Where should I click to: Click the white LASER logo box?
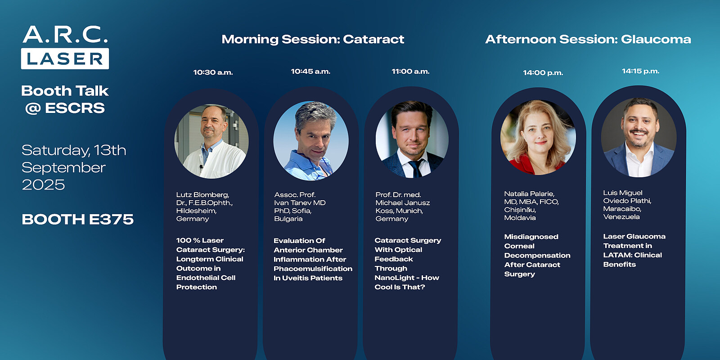coord(65,58)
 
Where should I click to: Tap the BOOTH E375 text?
coord(77,220)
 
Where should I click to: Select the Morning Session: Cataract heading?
coord(313,39)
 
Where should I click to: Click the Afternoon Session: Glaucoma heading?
coord(588,39)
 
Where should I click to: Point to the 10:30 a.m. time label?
coord(213,72)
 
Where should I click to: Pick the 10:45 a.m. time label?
coord(310,72)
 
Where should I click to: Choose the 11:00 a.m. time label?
coord(410,72)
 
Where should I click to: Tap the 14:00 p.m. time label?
coord(543,73)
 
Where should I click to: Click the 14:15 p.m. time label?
coord(641,71)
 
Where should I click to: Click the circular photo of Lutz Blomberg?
coord(211,141)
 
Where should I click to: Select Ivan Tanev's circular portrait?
coord(311,141)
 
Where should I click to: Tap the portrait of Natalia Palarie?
coord(538,138)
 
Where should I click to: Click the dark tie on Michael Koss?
coord(416,168)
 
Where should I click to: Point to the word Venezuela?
coord(621,217)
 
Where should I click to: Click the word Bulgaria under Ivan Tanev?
coord(288,219)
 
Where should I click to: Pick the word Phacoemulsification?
coord(313,269)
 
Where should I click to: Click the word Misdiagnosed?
coord(531,237)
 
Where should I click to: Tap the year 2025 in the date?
coord(43,185)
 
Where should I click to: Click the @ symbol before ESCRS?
coord(33,108)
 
